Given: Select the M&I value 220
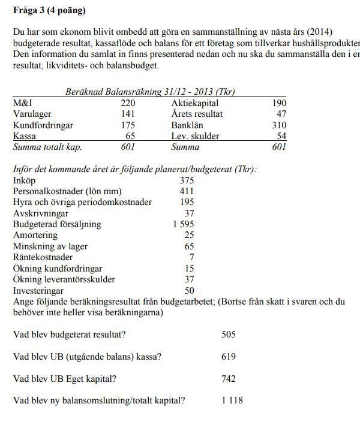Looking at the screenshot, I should [x=129, y=103].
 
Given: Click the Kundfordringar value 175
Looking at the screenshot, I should [x=129, y=125].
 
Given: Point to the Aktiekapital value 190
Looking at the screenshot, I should [x=278, y=103].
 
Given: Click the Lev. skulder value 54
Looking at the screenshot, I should [x=280, y=136].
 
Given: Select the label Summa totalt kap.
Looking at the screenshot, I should [x=47, y=147].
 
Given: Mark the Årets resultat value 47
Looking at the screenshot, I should [x=280, y=114].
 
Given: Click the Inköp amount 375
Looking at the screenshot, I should [x=187, y=180].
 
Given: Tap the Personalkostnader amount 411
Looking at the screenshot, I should [x=187, y=191].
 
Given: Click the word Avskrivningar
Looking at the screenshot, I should [x=40, y=213].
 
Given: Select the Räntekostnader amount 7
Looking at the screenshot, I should [x=191, y=257].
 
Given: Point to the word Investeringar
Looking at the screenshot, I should [x=38, y=290].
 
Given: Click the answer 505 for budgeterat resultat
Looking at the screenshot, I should [x=229, y=334].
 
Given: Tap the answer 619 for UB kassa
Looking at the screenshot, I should [x=229, y=357].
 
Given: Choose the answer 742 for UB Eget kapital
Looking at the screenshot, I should [x=229, y=379].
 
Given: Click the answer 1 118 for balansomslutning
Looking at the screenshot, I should [x=232, y=400].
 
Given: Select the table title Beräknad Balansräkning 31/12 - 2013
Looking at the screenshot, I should [x=149, y=92].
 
